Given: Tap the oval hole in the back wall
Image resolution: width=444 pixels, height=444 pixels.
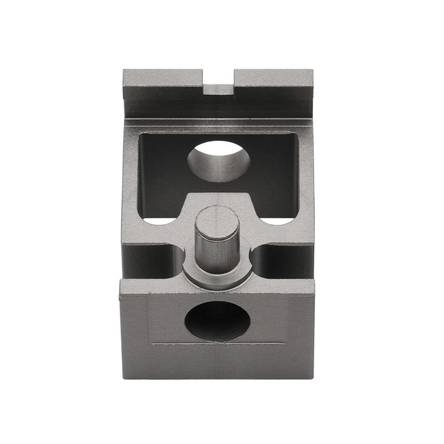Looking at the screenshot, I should coord(218,161).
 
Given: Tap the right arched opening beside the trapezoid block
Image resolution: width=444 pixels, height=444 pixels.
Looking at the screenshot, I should coord(277,219).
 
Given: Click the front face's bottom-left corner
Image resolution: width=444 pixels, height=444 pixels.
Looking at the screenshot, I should coord(120,378).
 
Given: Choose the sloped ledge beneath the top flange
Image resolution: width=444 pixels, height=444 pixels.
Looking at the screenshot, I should coord(218,122).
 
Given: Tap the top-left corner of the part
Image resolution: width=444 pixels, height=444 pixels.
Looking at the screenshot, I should coord(123,70).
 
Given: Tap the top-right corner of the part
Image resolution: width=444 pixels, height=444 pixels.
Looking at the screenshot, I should coord(313,70).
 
